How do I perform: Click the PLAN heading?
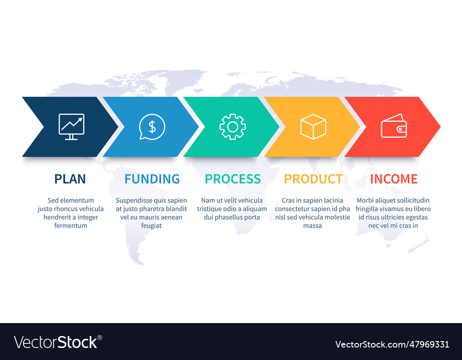click(x=70, y=179)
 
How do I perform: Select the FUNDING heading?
click(x=152, y=179)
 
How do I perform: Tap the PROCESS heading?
click(x=233, y=179)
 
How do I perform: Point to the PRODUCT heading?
click(x=313, y=179)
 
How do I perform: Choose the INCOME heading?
click(x=394, y=179)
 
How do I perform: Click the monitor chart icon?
click(x=71, y=126)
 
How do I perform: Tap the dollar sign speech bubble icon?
click(x=152, y=126)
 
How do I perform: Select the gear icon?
click(x=233, y=126)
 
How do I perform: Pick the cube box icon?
click(x=313, y=126)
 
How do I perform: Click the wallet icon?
click(x=394, y=126)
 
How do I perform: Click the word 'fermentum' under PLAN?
click(x=71, y=226)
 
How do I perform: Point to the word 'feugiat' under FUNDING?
click(x=152, y=226)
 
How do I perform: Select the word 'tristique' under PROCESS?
click(x=210, y=209)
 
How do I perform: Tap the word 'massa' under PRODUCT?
click(x=313, y=226)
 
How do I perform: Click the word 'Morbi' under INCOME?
click(x=365, y=200)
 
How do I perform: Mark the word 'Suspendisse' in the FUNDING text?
click(x=134, y=200)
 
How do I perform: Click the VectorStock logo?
click(x=58, y=342)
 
